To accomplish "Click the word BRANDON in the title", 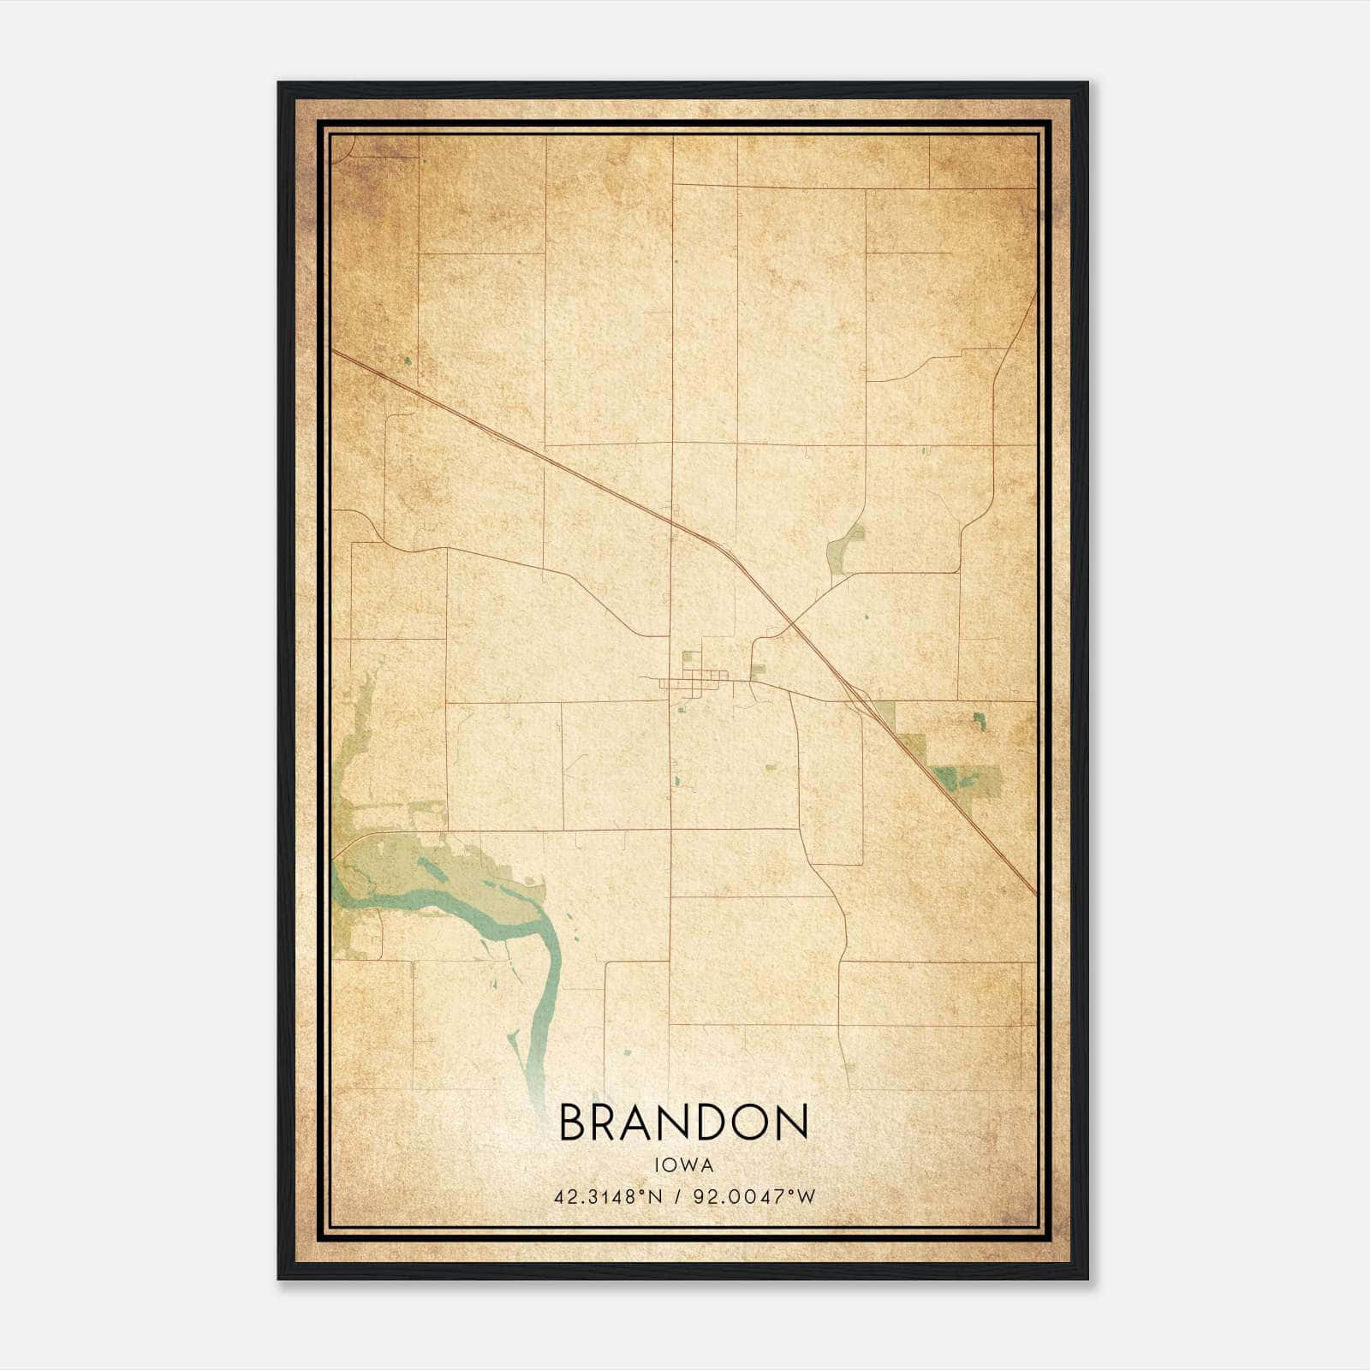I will tap(683, 1123).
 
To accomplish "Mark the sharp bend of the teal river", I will tap(548, 929).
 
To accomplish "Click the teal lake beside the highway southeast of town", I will tap(945, 777).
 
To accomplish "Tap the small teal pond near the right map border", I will tap(979, 720).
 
